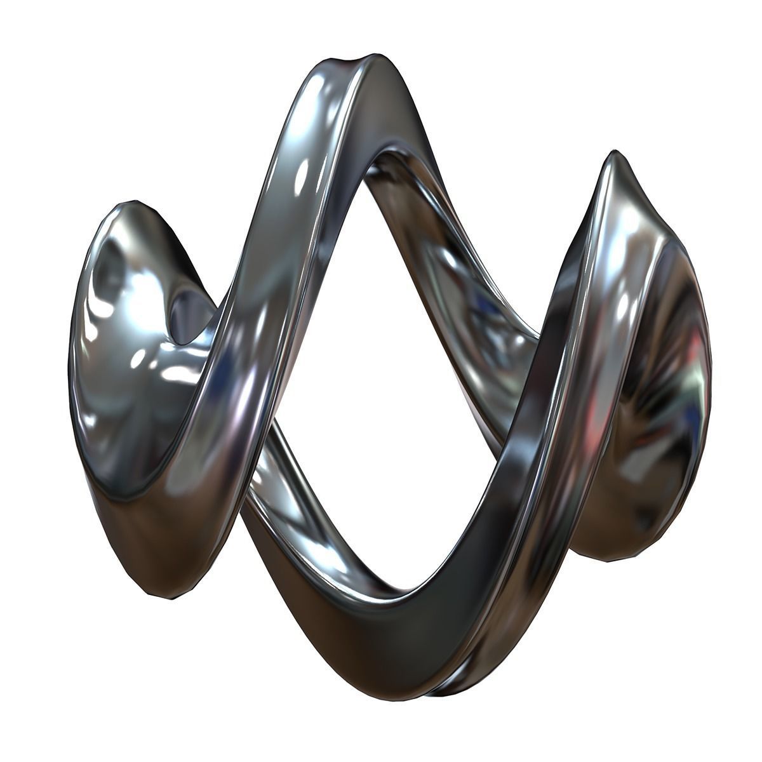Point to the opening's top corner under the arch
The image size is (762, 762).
click(x=375, y=159)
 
